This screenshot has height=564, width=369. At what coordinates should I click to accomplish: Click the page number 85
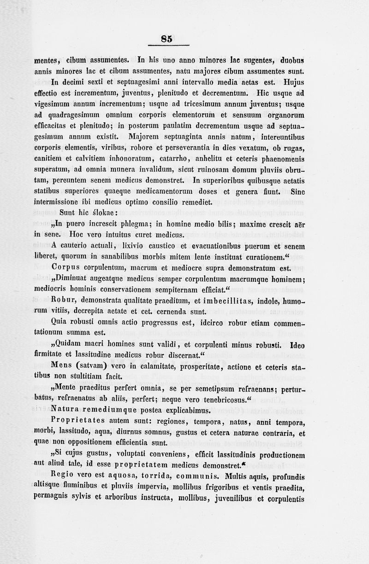pyautogui.click(x=167, y=39)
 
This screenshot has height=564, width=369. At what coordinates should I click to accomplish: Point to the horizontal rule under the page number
pyautogui.click(x=169, y=46)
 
